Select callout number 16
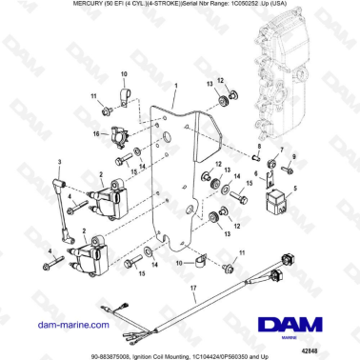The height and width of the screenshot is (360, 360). click(x=94, y=134)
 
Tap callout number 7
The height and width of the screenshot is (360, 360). click(x=281, y=152)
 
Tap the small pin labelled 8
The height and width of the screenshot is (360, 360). click(x=256, y=173)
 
